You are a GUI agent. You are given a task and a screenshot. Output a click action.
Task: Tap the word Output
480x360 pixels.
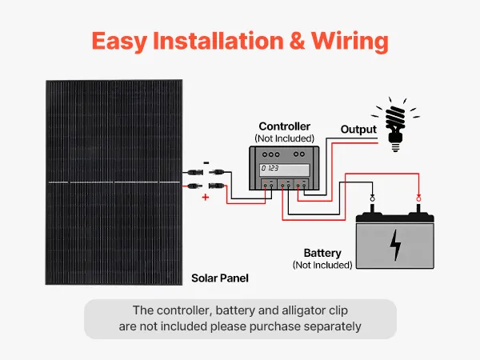coord(358,129)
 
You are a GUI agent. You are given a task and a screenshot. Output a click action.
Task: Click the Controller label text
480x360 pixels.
coord(284,126)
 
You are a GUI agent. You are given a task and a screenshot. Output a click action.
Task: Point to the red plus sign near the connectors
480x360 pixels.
coord(205,195)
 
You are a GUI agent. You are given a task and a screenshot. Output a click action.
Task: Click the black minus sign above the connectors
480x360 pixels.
coord(206,162)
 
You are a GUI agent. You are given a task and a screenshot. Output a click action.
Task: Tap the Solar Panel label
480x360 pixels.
coord(220,278)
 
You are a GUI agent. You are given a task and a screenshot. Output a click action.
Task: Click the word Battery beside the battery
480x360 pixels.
coord(322,252)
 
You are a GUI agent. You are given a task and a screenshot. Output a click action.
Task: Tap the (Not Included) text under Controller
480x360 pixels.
coord(284,138)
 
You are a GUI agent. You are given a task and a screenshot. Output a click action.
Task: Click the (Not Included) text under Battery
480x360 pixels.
coord(322,264)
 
